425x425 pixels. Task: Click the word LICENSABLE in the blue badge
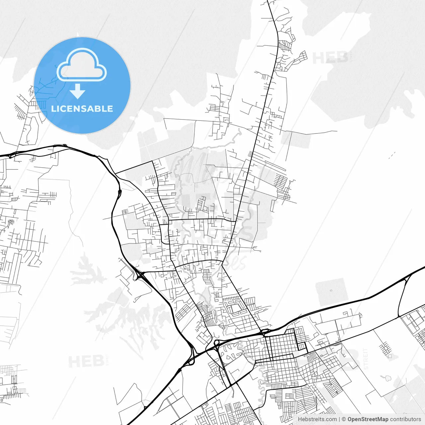click(x=82, y=109)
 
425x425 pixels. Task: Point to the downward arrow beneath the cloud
click(x=78, y=91)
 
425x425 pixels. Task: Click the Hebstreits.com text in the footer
click(x=317, y=419)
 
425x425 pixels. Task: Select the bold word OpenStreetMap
click(x=368, y=419)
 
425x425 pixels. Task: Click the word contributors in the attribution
click(x=405, y=419)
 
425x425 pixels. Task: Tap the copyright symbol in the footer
click(x=344, y=419)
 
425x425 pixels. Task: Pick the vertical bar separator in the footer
click(x=339, y=419)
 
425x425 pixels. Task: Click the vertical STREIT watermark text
click(x=366, y=359)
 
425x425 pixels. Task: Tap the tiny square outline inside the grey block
click(x=331, y=291)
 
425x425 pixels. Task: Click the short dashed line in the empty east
click(x=392, y=155)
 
